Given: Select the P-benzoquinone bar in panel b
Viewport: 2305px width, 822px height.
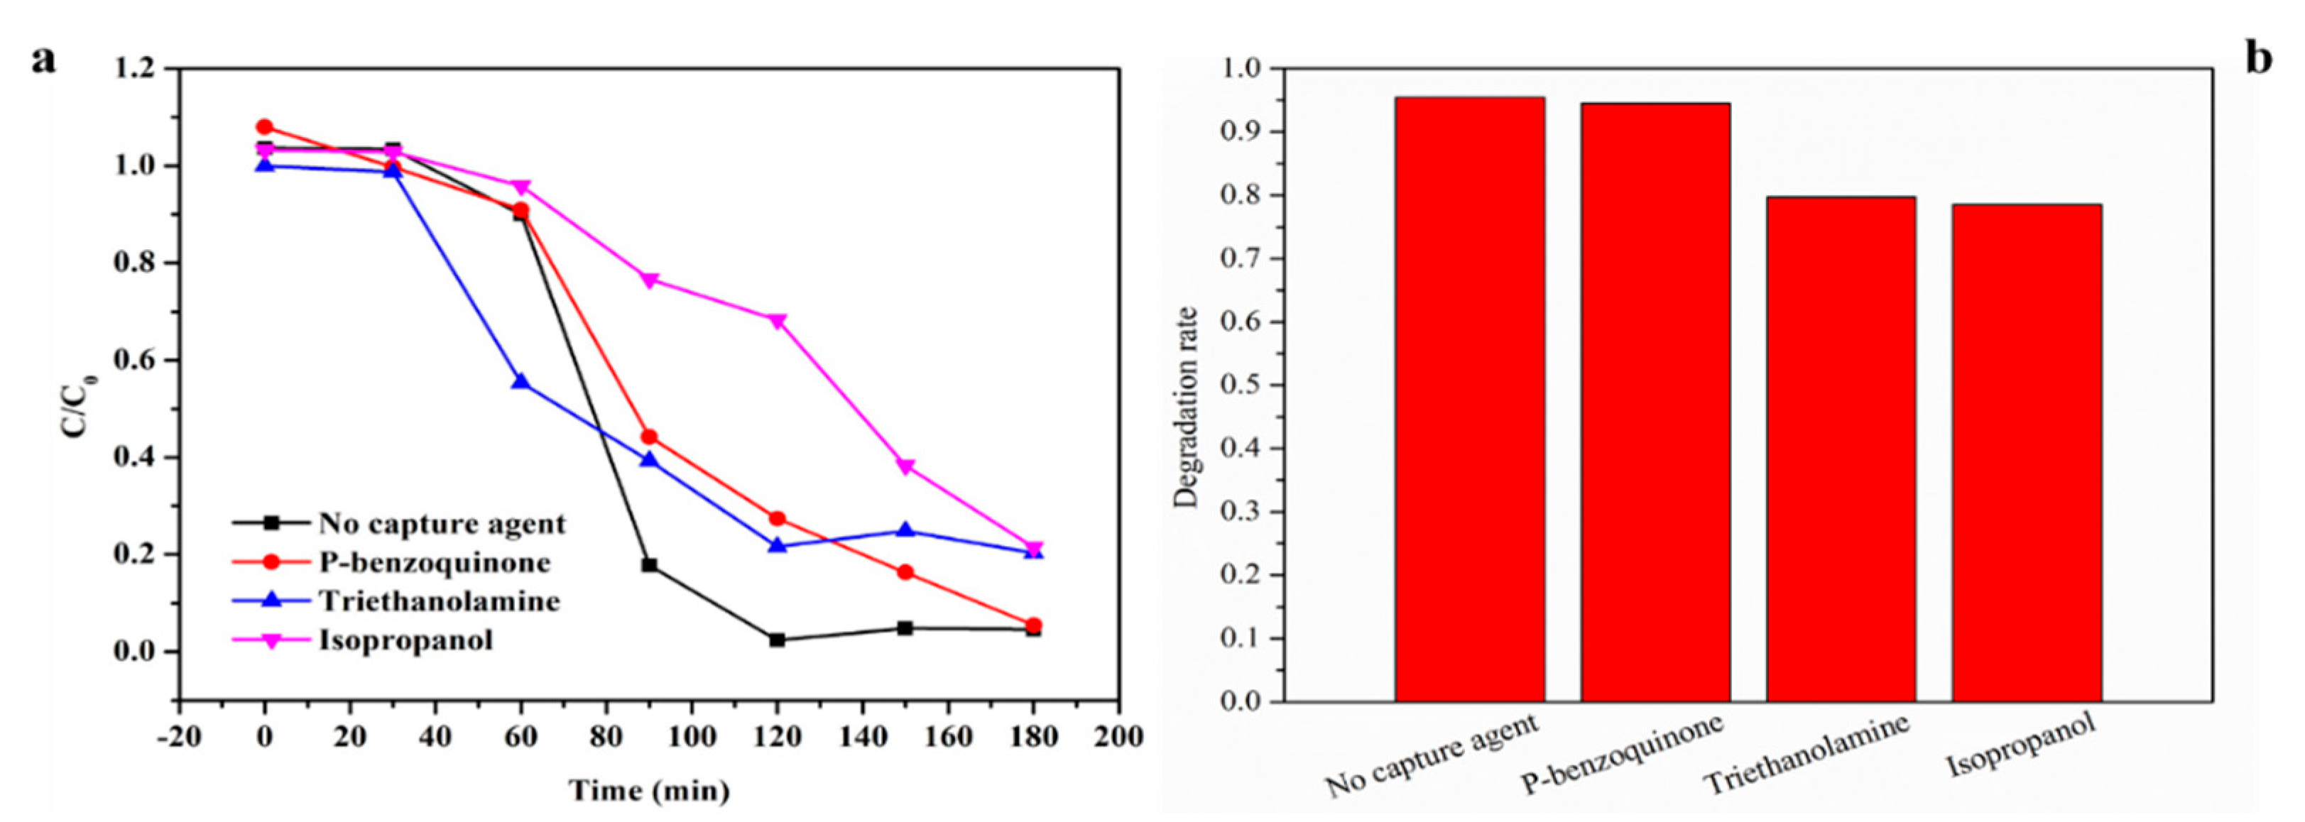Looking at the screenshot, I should tap(1655, 402).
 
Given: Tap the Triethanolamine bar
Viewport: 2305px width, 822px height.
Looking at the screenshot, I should tap(1841, 448).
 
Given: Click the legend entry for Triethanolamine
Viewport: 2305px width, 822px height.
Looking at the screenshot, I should tap(438, 601).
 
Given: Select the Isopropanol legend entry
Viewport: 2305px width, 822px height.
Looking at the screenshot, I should tap(405, 640).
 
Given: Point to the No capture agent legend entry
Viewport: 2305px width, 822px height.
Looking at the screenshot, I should tap(442, 523).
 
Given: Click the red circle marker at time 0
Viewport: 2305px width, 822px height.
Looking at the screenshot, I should tap(264, 127).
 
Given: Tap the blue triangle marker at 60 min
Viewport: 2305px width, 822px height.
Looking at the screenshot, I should tap(521, 381).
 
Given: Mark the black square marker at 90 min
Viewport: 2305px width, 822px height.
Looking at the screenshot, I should tap(650, 565).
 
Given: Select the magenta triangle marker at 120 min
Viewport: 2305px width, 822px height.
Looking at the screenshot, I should tap(778, 321).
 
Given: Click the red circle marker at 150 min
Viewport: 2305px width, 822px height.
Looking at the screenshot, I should tap(905, 572).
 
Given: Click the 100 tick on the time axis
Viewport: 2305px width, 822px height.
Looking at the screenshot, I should tap(692, 736).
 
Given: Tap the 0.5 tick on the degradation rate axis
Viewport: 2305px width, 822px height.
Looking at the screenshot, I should tap(1239, 385).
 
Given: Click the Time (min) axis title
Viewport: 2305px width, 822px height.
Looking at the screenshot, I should tap(650, 791).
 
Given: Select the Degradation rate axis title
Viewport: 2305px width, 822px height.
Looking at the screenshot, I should tap(1187, 407).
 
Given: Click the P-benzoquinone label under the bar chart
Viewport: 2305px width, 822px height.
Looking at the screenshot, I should tap(1624, 765).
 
